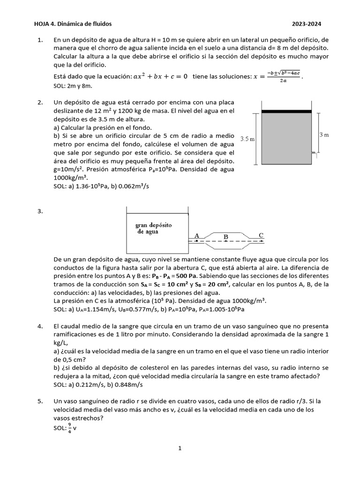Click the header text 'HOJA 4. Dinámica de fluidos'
73,24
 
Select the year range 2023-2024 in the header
307,24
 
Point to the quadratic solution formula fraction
283,76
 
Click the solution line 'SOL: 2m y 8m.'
73,86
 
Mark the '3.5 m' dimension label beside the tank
247,139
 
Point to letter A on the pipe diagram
196,235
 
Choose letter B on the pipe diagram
226,237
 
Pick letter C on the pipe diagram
261,235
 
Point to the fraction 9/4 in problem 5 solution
70,427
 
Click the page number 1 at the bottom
180,448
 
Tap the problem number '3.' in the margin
40,211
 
